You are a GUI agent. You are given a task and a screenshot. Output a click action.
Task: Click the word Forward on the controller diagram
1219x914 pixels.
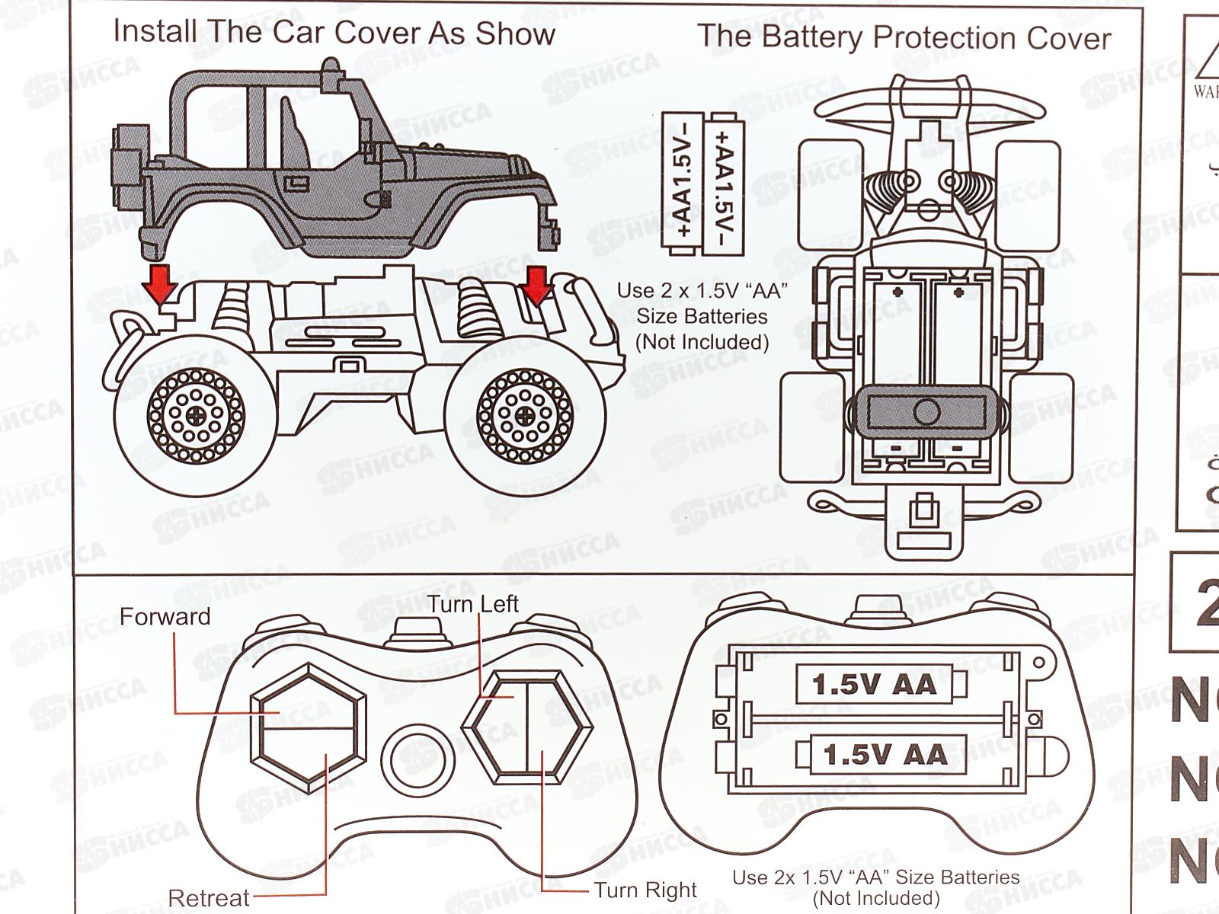point(165,616)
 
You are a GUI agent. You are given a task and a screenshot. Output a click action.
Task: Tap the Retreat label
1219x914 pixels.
point(208,898)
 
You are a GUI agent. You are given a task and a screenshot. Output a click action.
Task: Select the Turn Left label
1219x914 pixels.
point(472,604)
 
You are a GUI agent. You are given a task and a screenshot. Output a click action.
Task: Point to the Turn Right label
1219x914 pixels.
point(645,890)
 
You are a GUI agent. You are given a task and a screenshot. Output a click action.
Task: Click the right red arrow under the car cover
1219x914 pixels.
point(538,284)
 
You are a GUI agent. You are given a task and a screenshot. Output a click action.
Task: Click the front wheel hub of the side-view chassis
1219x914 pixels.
point(525,416)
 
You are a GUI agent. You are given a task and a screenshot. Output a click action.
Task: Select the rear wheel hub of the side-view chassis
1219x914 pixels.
point(197,416)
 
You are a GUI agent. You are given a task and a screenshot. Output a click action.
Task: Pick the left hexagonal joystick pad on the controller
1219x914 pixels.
point(308,724)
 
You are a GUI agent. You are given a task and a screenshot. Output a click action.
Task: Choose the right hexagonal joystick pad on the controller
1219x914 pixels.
point(528,727)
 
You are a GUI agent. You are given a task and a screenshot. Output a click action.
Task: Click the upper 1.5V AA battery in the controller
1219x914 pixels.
point(875,684)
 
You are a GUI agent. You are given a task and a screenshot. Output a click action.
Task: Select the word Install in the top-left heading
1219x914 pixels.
point(155,31)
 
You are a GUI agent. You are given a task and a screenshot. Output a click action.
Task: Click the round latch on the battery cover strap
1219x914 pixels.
point(926,412)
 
